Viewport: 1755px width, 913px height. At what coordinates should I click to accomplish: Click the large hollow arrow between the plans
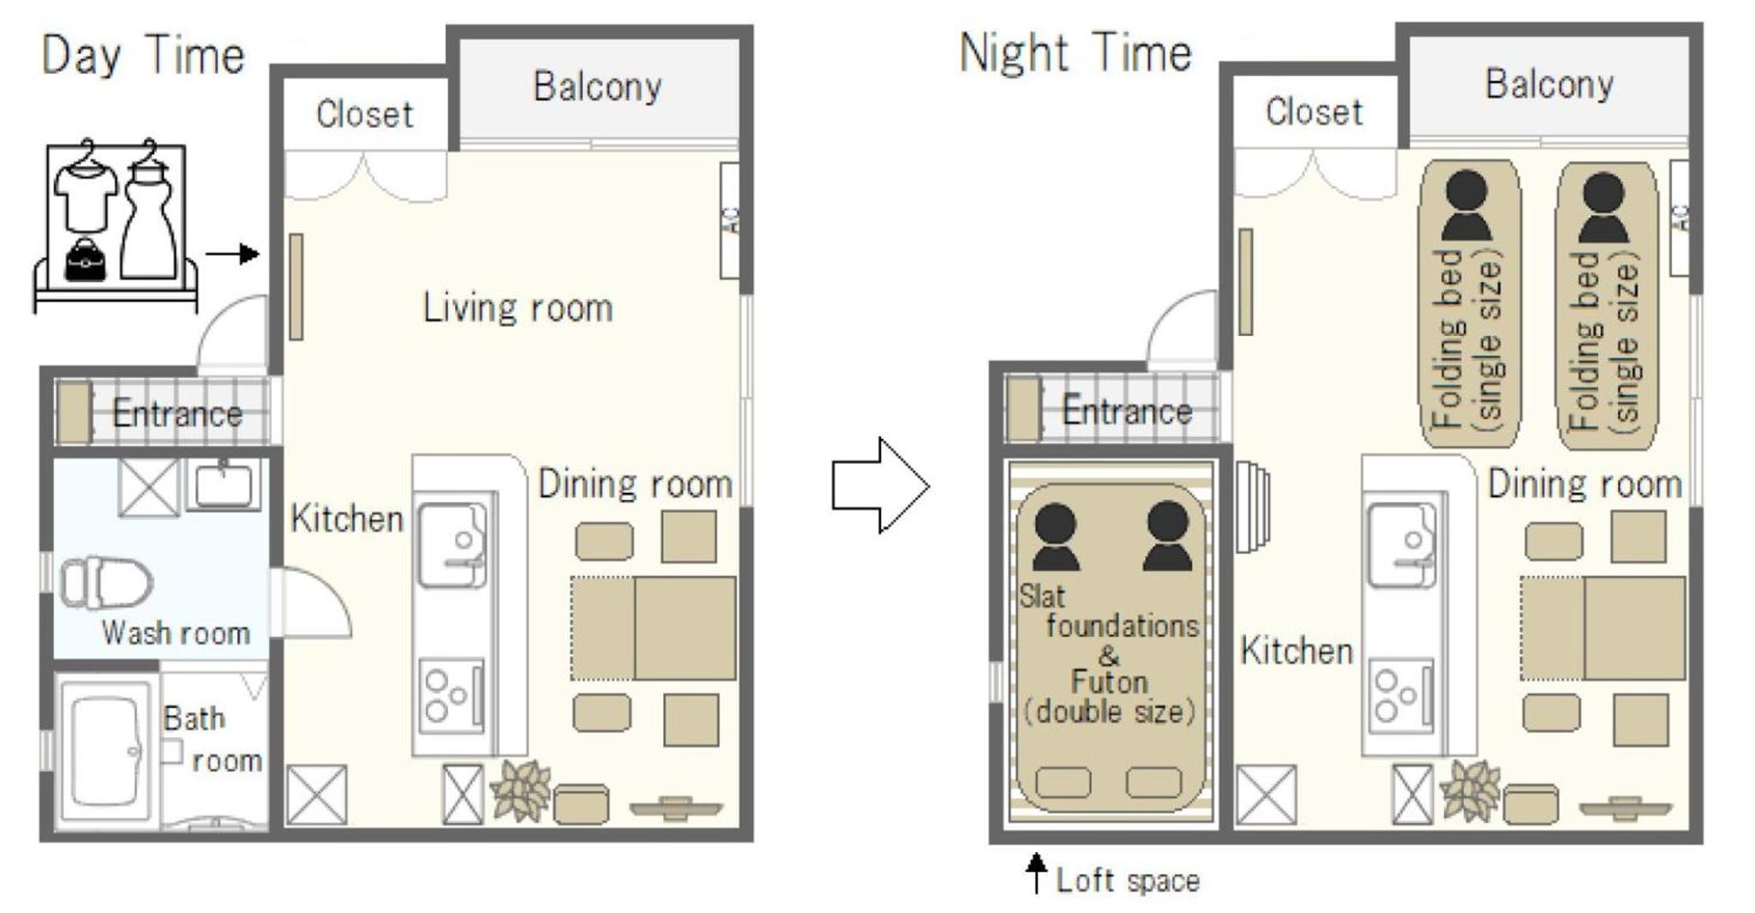click(x=880, y=485)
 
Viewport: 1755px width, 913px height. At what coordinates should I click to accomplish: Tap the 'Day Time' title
click(x=143, y=56)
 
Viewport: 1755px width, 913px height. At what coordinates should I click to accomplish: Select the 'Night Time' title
click(x=1075, y=52)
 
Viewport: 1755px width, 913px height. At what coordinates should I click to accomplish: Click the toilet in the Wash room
click(x=106, y=582)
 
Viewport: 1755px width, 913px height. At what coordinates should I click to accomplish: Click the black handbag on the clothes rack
click(x=86, y=259)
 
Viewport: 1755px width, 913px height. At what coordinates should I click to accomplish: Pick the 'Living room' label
click(x=518, y=308)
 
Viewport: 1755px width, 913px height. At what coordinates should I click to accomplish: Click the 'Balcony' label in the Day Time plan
click(x=597, y=87)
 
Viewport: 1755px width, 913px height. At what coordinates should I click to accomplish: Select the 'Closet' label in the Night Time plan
click(x=1314, y=111)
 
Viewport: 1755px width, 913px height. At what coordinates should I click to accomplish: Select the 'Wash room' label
click(x=176, y=634)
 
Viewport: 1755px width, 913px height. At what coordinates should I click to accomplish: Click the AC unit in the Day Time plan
click(x=730, y=220)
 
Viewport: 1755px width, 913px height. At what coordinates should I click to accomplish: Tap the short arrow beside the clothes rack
click(x=231, y=254)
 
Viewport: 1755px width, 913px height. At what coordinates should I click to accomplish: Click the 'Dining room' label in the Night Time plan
click(x=1584, y=484)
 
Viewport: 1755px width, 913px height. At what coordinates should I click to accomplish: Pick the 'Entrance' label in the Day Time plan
click(x=177, y=413)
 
